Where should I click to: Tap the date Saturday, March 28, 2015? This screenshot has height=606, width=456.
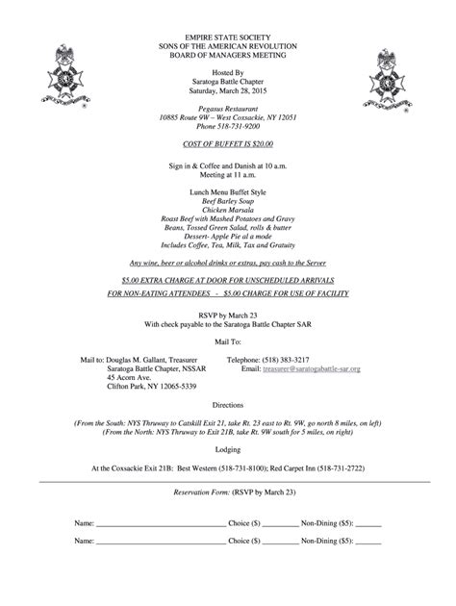228,91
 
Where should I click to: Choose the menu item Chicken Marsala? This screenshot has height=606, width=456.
228,210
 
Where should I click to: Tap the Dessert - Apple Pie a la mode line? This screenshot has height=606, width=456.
228,237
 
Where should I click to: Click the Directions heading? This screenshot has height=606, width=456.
228,406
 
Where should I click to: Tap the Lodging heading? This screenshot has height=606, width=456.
228,448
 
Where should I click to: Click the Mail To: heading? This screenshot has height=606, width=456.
228,341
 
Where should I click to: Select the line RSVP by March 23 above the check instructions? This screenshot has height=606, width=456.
228,315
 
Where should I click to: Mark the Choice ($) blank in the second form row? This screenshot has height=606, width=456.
281,543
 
